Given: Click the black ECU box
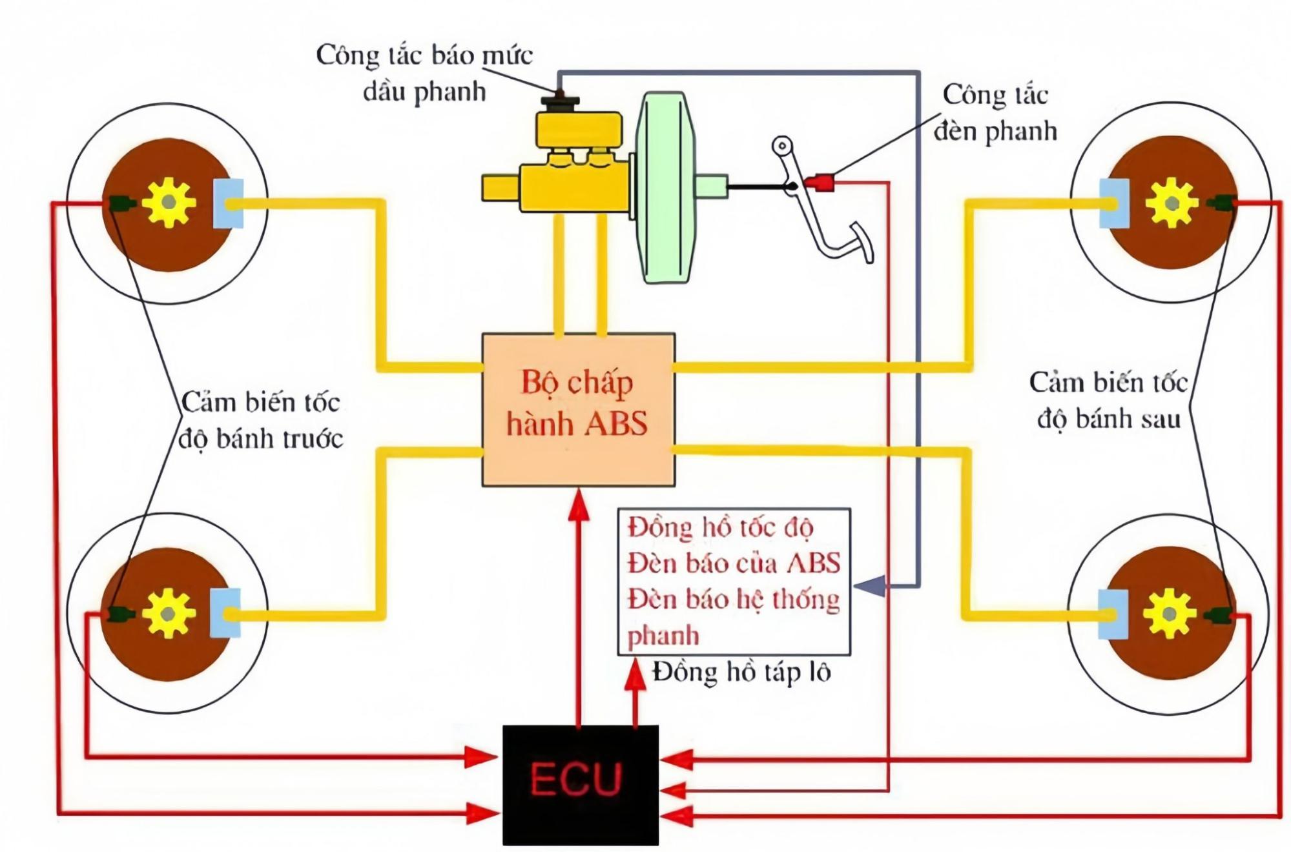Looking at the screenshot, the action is point(581,785).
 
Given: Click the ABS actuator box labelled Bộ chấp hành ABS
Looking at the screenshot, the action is point(579,410).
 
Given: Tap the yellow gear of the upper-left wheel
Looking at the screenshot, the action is point(169,203).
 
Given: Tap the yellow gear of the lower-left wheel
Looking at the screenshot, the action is point(168,613).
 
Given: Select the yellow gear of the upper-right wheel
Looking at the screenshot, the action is point(1172,203).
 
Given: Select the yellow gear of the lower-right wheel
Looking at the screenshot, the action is point(1170,613).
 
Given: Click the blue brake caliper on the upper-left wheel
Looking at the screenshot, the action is point(228,203).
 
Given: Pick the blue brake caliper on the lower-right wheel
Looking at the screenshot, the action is point(1113,614).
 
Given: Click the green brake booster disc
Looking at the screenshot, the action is point(665,187).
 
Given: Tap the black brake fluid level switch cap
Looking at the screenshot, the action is point(560,103).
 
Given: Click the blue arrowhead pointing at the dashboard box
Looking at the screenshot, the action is point(869,585).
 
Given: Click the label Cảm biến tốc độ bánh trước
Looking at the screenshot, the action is point(260,421).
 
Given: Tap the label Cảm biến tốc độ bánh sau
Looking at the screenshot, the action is point(1108,400).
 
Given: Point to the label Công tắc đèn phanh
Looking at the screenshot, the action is point(995,112).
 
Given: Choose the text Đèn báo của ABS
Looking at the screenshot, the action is point(734,563).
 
